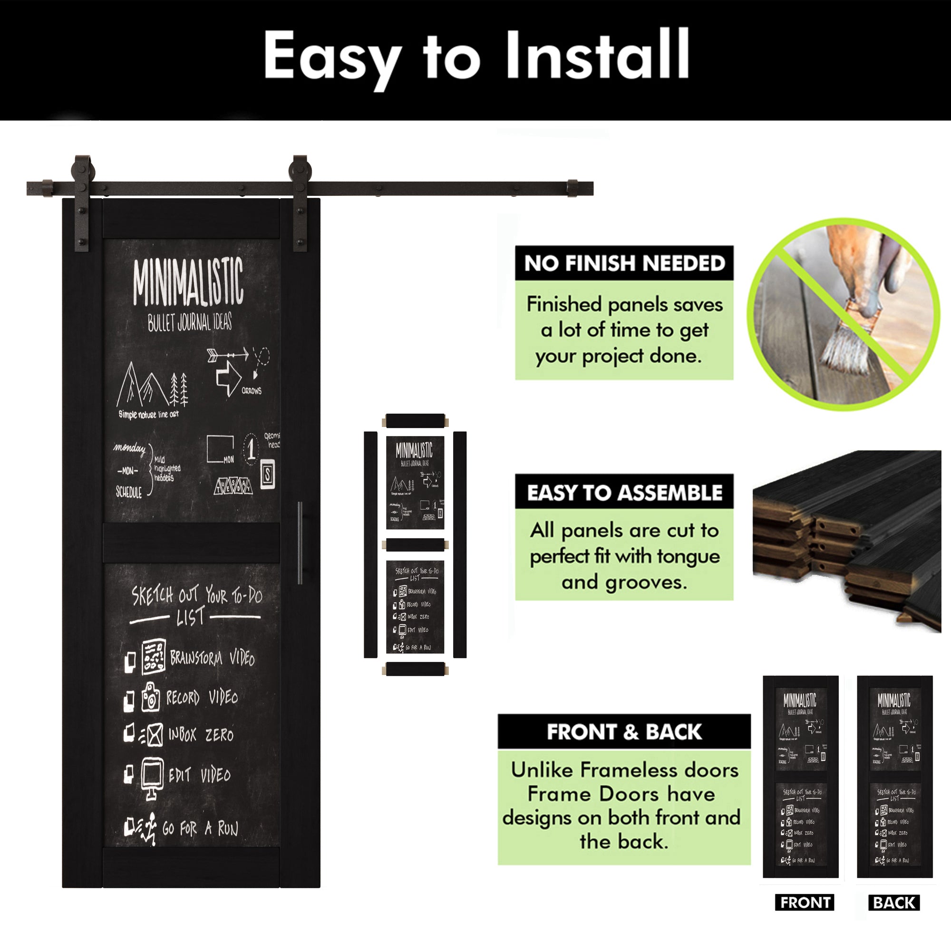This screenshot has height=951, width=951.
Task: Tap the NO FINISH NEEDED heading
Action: (x=624, y=263)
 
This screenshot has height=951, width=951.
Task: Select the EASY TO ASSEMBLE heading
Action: (x=624, y=492)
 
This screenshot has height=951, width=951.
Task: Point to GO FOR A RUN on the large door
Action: (x=200, y=828)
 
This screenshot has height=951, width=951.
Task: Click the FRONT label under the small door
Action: (x=805, y=902)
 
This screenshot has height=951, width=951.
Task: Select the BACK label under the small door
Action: (x=894, y=902)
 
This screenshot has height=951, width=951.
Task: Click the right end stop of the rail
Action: (x=572, y=188)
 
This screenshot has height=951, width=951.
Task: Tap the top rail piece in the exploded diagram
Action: (x=415, y=421)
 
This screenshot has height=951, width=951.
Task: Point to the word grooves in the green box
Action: (x=646, y=582)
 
